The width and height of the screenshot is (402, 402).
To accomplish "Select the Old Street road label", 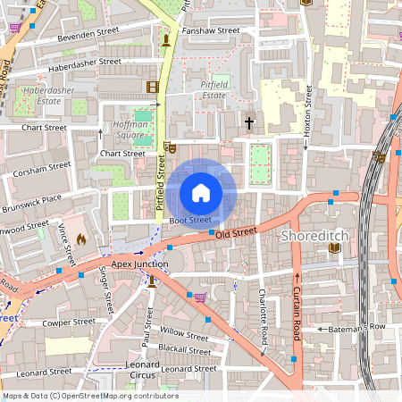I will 236,232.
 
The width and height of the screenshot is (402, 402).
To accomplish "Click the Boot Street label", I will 190,219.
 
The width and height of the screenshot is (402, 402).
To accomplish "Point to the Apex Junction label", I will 139,264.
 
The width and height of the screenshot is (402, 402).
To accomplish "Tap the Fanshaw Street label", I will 210,30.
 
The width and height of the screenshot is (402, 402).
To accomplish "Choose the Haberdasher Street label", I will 85,63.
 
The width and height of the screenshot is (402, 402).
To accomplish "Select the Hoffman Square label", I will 130,130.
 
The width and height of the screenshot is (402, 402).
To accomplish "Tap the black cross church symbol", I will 249,121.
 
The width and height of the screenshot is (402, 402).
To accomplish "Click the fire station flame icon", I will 80,239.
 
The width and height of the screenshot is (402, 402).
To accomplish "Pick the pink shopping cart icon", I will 201,297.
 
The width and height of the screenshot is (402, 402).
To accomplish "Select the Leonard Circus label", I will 143,370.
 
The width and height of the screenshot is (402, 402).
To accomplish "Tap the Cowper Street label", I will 70,322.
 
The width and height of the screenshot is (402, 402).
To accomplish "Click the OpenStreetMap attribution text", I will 89,395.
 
